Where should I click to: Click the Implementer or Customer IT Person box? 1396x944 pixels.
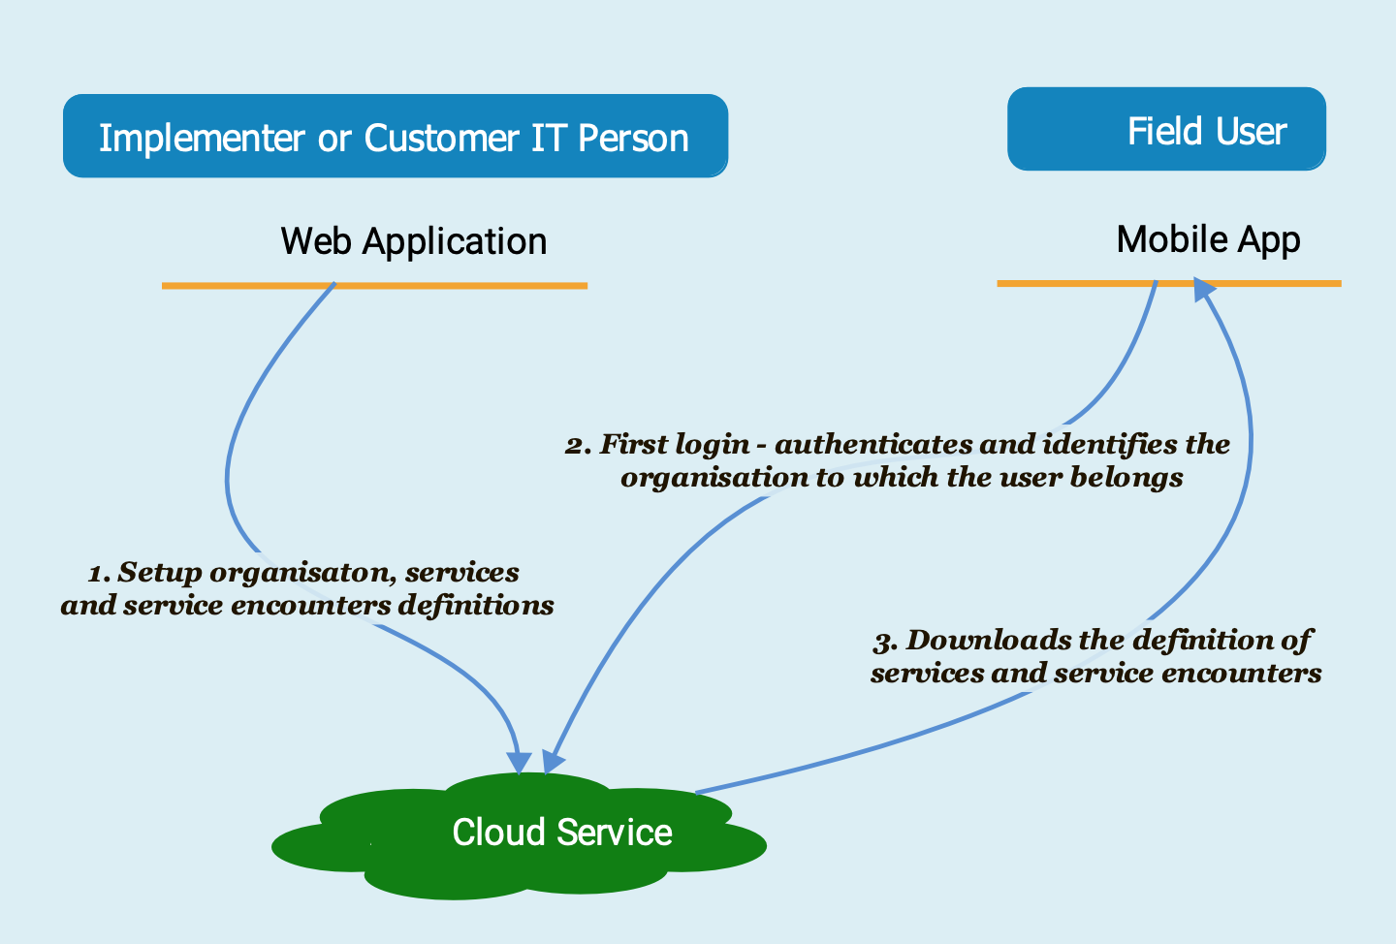coord(395,136)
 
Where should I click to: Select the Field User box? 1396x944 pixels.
coord(1166,129)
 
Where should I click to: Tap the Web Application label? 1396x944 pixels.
coord(414,241)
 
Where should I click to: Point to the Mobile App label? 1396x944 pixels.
coord(1208,239)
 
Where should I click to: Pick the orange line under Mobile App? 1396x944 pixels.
coord(1066,283)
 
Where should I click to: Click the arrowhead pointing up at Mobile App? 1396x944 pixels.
coord(1203,289)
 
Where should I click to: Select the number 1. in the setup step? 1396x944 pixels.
coord(100,574)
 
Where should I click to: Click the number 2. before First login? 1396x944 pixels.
coord(579,446)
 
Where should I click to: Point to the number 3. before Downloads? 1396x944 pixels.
coord(886,642)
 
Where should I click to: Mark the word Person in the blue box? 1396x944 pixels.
coord(633,138)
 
